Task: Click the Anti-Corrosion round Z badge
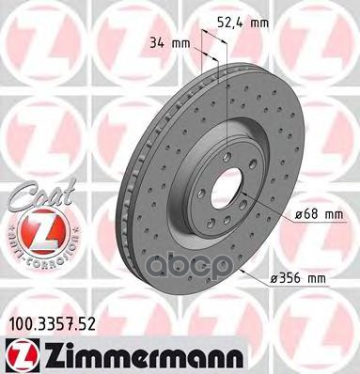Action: point(35,231)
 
